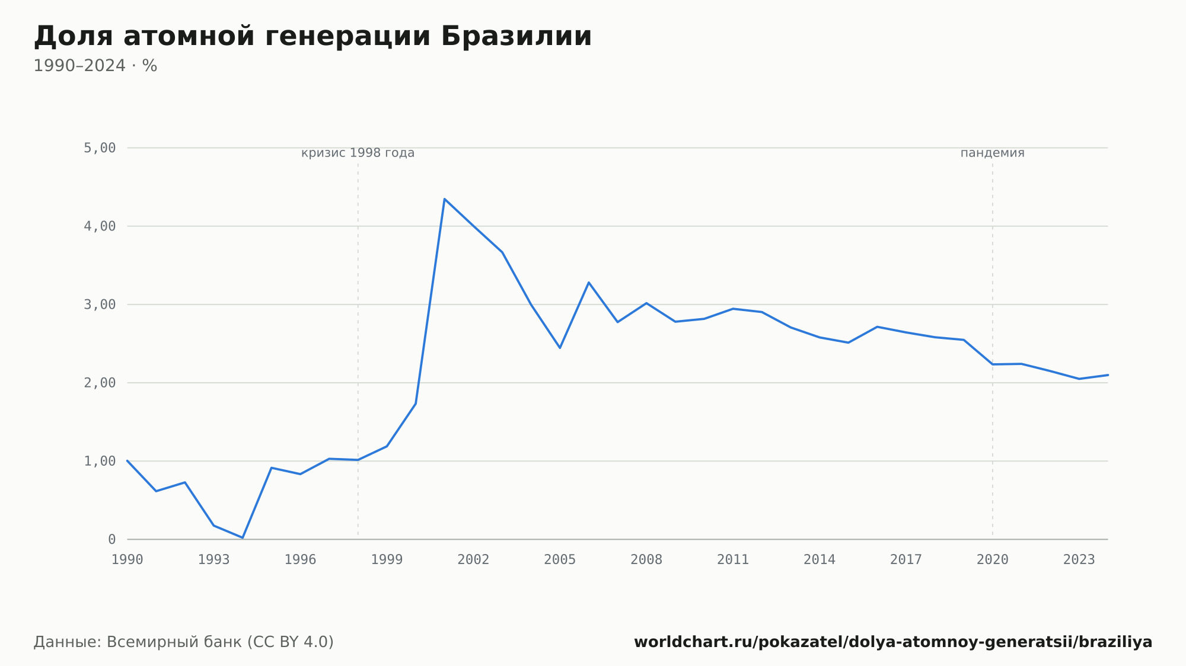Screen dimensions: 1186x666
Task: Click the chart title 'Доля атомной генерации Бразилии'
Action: click(x=313, y=36)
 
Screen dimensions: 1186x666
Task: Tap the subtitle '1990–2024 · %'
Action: click(x=95, y=66)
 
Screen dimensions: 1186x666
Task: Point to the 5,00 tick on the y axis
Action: click(x=100, y=148)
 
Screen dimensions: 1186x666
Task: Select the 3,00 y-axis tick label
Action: click(x=100, y=305)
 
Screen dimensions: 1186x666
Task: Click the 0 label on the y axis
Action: click(x=112, y=539)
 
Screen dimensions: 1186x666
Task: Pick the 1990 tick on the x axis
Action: click(x=127, y=560)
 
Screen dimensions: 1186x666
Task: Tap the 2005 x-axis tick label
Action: click(x=560, y=560)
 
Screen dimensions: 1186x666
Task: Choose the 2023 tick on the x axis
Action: click(x=1079, y=560)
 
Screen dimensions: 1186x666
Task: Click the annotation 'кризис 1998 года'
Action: click(x=358, y=153)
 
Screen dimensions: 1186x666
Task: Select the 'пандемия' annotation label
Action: click(x=993, y=153)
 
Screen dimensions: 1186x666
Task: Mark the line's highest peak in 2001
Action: click(x=444, y=199)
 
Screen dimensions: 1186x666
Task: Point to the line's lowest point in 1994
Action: click(x=243, y=537)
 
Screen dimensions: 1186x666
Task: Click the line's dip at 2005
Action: click(x=560, y=348)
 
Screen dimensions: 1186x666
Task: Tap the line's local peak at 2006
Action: click(x=589, y=282)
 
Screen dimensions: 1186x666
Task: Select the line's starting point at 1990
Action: click(x=127, y=460)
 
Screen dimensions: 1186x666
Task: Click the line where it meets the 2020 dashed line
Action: click(x=993, y=364)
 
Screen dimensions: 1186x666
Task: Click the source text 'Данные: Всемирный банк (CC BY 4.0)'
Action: click(x=184, y=642)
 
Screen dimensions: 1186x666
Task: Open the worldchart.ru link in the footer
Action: click(x=893, y=642)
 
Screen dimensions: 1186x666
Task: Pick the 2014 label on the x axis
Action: click(x=820, y=560)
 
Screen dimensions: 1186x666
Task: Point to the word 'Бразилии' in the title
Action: click(x=517, y=36)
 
